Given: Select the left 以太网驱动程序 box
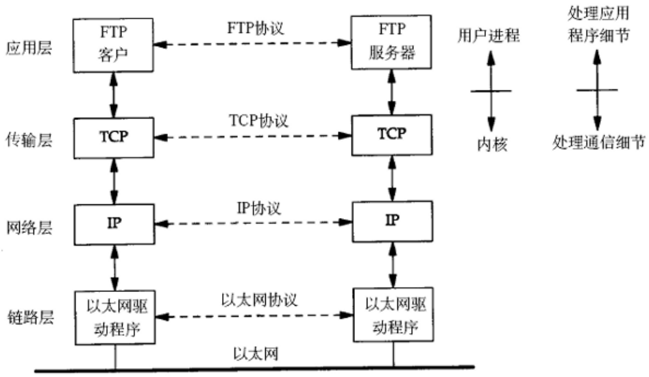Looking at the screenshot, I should coord(114,316).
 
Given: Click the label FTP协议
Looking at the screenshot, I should coord(254,29).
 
